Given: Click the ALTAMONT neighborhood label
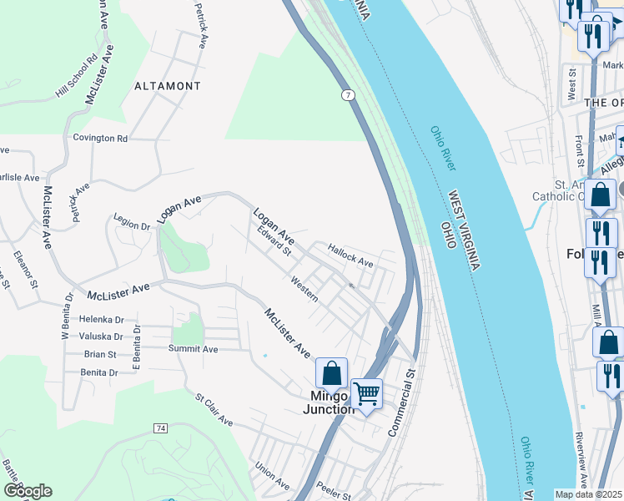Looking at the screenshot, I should [168, 86].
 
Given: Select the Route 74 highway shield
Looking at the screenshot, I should [159, 428].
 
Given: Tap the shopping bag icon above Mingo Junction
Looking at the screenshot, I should [331, 373].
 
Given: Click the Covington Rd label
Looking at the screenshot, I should [100, 138].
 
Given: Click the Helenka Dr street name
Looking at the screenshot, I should [101, 319].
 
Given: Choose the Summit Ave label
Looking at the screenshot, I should [193, 349].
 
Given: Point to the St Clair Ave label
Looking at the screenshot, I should [214, 411].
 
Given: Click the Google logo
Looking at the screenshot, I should [28, 491].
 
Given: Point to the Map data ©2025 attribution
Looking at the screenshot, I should [589, 494].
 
